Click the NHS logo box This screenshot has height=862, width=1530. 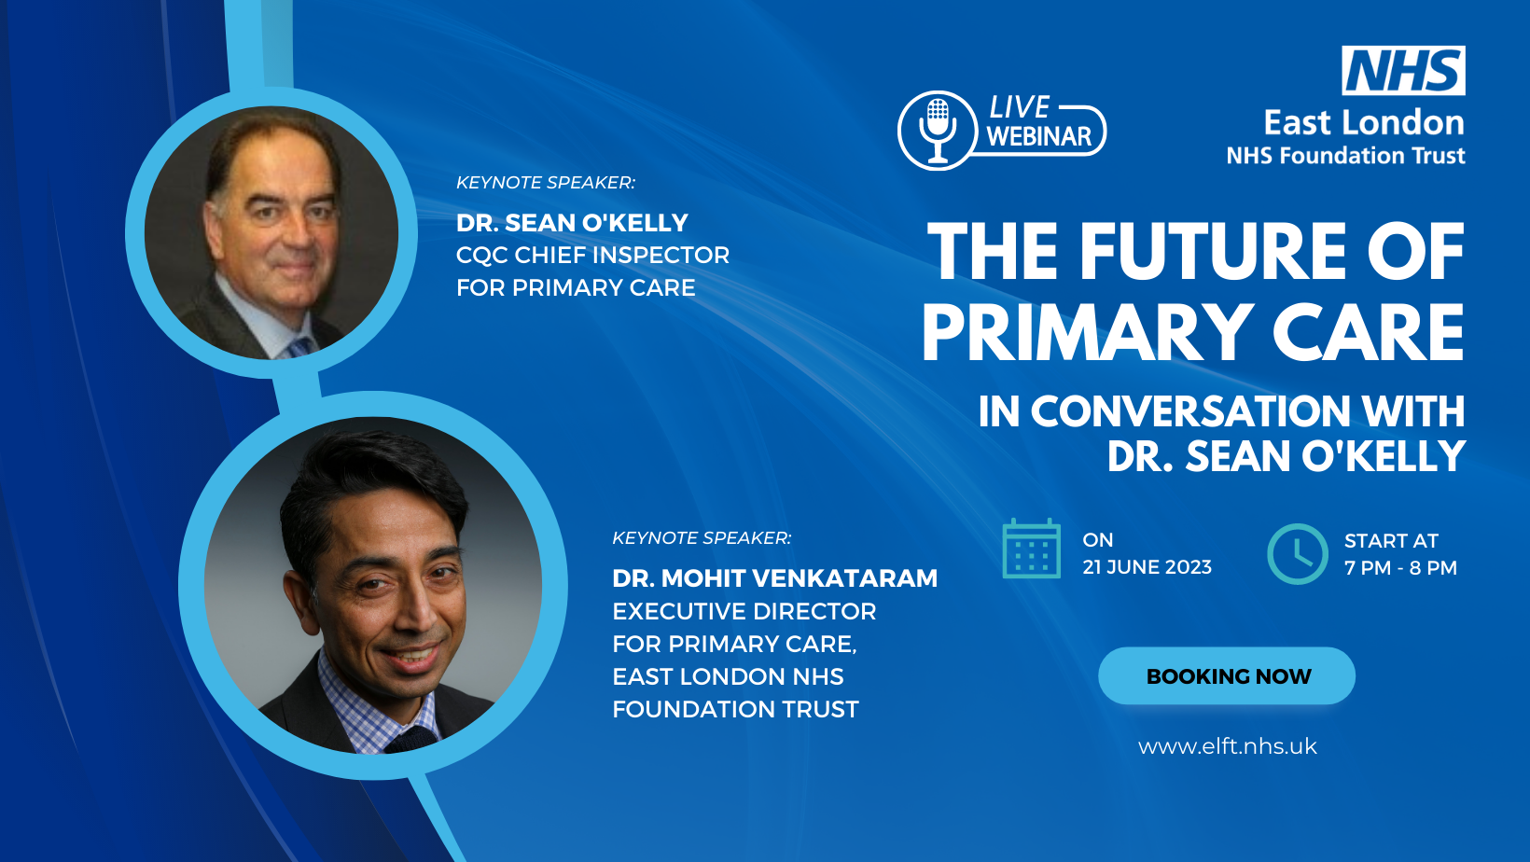point(1403,70)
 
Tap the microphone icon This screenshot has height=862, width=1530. point(937,130)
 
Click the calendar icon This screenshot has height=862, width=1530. point(1032,549)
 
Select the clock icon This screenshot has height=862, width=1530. point(1297,554)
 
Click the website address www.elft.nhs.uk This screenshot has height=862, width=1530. point(1228,746)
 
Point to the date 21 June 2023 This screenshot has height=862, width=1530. point(1147,567)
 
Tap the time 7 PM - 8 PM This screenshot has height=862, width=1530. point(1400,567)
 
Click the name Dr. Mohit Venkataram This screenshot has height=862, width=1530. point(774,578)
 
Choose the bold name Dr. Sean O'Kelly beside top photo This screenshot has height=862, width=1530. point(572,223)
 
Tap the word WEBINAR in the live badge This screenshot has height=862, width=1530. point(1039,136)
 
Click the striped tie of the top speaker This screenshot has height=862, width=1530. point(300,346)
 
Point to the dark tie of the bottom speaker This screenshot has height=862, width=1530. point(411,740)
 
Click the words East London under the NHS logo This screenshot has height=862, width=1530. point(1364,123)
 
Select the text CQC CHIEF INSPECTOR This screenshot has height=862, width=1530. point(593,256)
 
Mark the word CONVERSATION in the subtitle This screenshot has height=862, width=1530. point(1190,411)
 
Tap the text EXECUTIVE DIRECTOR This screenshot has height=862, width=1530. point(744,611)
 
